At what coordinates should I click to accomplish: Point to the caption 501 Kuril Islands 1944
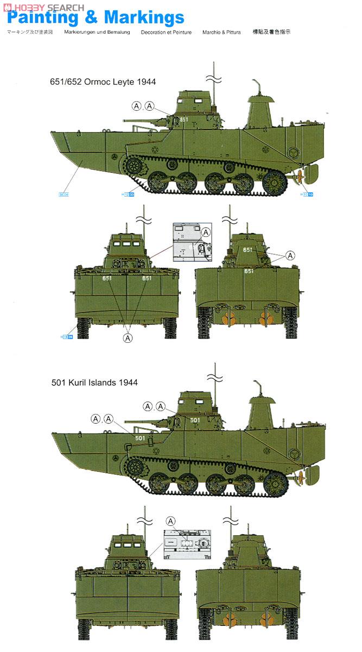94,383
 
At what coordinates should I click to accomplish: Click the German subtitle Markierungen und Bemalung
97,33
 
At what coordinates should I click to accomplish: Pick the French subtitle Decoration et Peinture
166,33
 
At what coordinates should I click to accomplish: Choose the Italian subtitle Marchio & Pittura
221,33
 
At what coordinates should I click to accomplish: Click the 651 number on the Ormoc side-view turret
184,120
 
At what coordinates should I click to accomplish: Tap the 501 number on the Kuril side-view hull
139,438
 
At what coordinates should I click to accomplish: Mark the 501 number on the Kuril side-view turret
195,420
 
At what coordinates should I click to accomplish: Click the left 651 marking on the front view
107,278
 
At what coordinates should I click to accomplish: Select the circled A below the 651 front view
128,338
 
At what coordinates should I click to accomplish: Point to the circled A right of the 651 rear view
290,255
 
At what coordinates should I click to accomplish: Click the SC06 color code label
65,194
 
